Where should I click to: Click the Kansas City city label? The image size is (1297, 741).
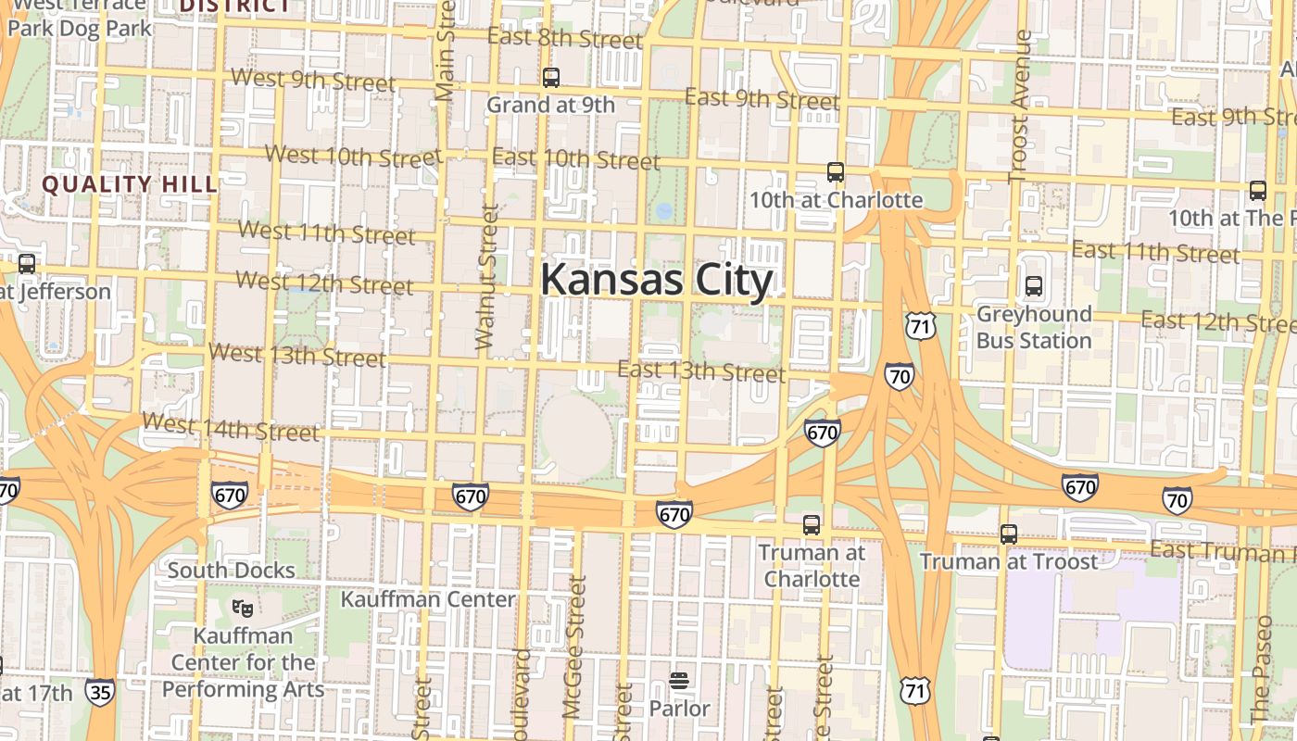pos(656,280)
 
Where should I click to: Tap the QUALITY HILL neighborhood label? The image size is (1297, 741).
pos(130,184)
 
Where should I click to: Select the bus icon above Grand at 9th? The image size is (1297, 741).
pos(551,78)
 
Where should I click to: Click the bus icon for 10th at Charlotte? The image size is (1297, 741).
pos(836,172)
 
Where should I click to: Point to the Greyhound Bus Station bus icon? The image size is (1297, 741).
pos(1034,287)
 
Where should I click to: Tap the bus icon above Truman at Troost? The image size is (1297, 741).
pos(1009,534)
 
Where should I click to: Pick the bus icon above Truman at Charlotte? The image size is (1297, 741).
pos(812,525)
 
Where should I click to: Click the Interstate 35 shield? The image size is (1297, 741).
pos(100,691)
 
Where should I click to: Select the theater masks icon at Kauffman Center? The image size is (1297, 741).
pos(243,609)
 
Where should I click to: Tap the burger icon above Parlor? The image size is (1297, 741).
pos(679,683)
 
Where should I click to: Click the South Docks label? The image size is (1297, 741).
pos(231,571)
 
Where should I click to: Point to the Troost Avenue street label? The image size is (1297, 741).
pos(1020,106)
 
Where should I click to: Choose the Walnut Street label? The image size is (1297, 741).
pos(487,278)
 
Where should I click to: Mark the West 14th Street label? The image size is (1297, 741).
pos(231,428)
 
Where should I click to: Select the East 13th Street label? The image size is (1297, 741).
pos(701,372)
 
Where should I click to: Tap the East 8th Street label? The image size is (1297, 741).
pos(564,38)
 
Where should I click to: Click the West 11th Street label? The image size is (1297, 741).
pos(327,232)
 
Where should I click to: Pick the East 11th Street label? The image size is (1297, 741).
pos(1155,251)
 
